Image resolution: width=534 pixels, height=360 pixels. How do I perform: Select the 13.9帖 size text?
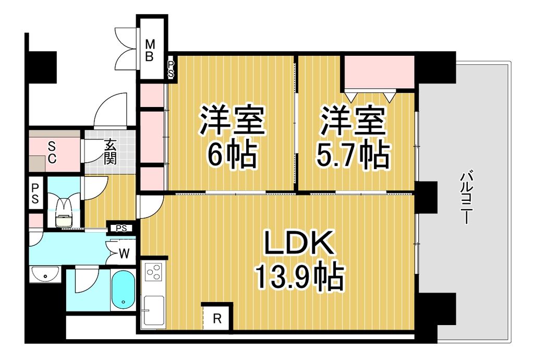pos(299,277)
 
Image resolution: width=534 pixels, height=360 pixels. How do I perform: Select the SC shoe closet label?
pos(52,152)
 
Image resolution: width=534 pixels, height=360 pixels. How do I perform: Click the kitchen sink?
pos(154,310)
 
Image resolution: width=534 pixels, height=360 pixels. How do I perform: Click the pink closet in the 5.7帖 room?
pos(379,72)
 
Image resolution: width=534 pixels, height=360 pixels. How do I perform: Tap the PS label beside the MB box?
pos(171,69)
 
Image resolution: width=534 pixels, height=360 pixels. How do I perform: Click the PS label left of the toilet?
pos(35,193)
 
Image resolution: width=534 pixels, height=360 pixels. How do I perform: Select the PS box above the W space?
pos(122,227)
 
